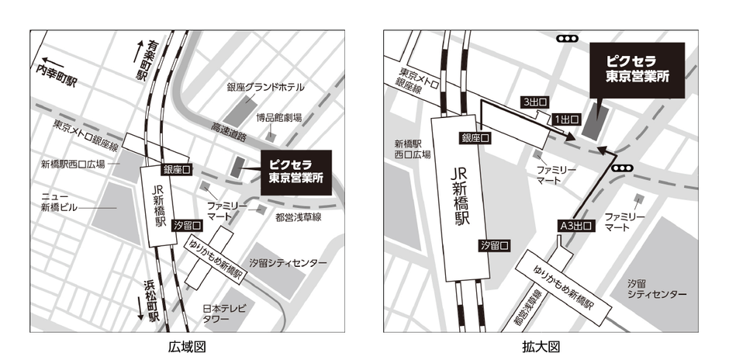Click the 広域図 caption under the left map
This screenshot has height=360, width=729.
click(187, 346)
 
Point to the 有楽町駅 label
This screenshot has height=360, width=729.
click(142, 61)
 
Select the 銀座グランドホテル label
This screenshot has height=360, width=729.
click(264, 87)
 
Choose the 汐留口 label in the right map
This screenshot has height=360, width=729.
click(495, 245)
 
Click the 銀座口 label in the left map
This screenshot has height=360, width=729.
click(177, 168)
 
